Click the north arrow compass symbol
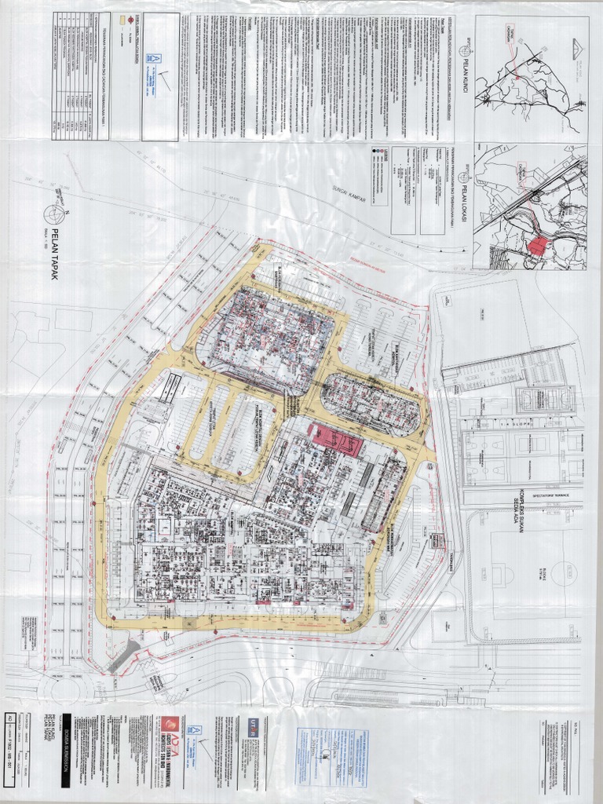click(x=54, y=213)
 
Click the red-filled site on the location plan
click(x=537, y=245)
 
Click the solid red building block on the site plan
click(x=336, y=440)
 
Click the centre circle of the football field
click(x=565, y=572)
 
